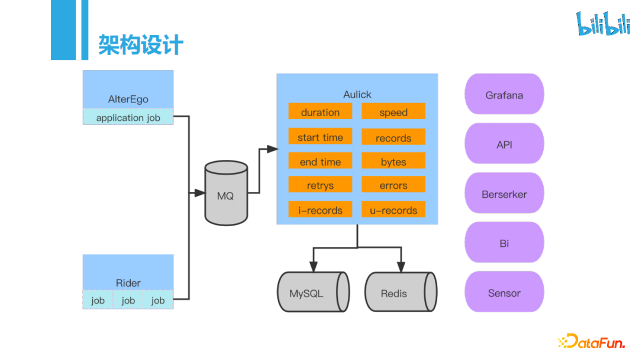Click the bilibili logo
(603, 23)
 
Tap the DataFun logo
(592, 341)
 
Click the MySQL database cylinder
(312, 292)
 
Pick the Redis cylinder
(400, 292)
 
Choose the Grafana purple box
(504, 95)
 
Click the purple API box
(504, 144)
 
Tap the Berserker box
(504, 194)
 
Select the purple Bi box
(504, 243)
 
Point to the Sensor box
(504, 292)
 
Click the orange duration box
(320, 112)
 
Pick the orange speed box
(393, 112)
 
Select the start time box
(320, 137)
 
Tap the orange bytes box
(393, 162)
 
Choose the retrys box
(320, 185)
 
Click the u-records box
(393, 210)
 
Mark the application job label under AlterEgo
(128, 117)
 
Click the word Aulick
(357, 95)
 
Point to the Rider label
(128, 283)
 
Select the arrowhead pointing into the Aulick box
(272, 149)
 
